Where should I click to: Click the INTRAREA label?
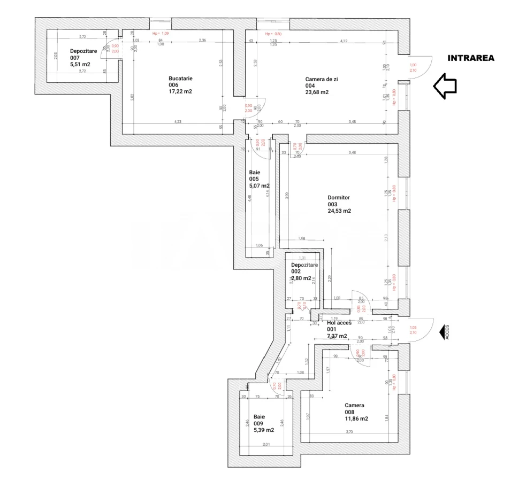(x=470, y=58)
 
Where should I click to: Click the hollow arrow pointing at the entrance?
(x=444, y=86)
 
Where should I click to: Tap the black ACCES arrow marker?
(x=444, y=332)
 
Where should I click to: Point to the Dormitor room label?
(x=338, y=198)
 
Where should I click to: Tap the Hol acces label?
(x=339, y=323)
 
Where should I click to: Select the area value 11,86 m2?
(x=356, y=418)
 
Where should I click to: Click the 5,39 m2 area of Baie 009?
(x=263, y=430)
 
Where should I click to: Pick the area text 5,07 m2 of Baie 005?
(x=259, y=186)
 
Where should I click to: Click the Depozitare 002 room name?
(x=304, y=265)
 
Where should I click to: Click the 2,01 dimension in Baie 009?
(x=266, y=444)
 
